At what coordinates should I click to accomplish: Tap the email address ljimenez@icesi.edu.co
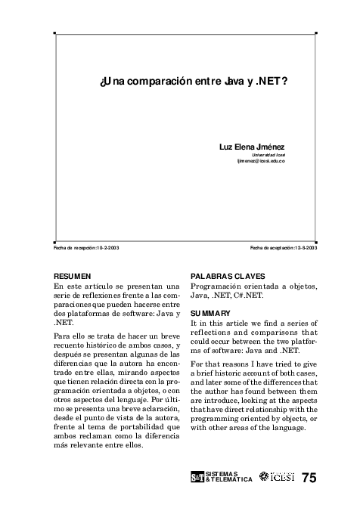point(259,161)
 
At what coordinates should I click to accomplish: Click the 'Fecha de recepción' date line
point(87,248)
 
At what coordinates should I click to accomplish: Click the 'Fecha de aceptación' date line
point(284,248)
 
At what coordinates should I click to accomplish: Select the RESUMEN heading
point(73,277)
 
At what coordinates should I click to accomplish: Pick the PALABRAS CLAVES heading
point(227,277)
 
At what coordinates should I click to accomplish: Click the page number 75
point(309,477)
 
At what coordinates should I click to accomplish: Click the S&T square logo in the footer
point(197,477)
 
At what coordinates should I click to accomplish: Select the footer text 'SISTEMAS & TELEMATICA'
point(228,477)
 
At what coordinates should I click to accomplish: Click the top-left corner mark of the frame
point(55,33)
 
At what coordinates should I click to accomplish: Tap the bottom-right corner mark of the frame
point(315,236)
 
